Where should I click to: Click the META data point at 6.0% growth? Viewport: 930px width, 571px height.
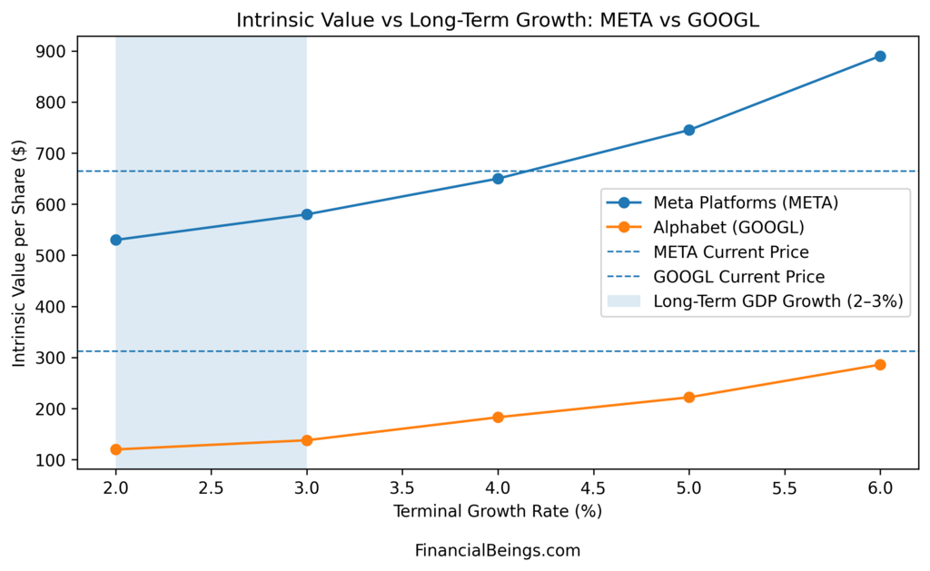tap(879, 56)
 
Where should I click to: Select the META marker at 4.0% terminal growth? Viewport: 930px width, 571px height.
tap(498, 178)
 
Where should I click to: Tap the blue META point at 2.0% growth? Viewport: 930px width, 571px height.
tap(116, 240)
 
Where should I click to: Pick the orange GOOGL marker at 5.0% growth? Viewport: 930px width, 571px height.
tap(688, 397)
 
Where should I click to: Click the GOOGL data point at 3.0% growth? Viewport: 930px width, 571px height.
tap(307, 440)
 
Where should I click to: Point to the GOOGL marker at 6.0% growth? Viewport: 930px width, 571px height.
tap(879, 365)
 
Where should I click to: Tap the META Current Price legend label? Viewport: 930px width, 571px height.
tap(730, 252)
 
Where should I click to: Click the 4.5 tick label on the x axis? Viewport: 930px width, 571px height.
tap(593, 486)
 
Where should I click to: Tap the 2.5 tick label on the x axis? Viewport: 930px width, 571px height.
tap(212, 486)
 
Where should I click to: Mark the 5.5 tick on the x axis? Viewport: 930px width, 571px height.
tap(784, 486)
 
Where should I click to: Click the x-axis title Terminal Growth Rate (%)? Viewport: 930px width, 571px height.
tap(498, 511)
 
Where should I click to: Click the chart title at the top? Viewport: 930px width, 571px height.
tap(498, 20)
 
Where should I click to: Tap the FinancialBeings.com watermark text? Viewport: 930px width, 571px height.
tap(498, 550)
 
